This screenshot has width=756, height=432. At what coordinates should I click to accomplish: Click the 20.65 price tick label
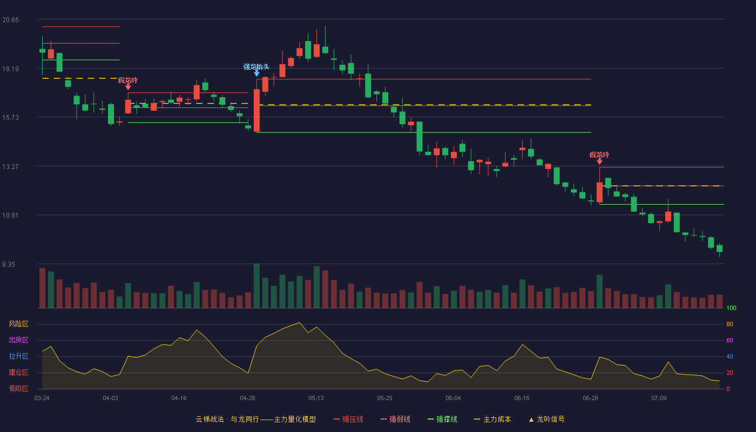pyautogui.click(x=10, y=20)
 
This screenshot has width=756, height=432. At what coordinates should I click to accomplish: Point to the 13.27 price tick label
pyautogui.click(x=10, y=167)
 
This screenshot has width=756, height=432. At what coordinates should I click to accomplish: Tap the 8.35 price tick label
pyautogui.click(x=9, y=265)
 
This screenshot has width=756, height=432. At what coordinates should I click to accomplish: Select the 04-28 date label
pyautogui.click(x=247, y=399)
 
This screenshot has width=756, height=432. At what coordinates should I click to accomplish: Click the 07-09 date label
pyautogui.click(x=659, y=399)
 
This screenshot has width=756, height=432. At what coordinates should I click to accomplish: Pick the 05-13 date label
pyautogui.click(x=316, y=399)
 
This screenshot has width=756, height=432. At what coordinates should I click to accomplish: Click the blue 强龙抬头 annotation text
pyautogui.click(x=256, y=66)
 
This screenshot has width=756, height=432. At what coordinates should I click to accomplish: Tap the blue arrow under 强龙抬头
pyautogui.click(x=257, y=73)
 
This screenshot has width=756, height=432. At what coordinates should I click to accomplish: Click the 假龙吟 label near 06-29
pyautogui.click(x=599, y=154)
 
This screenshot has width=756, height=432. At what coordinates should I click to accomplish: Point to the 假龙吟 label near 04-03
pyautogui.click(x=128, y=80)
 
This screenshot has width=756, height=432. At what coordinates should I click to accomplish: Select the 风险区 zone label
pyautogui.click(x=18, y=323)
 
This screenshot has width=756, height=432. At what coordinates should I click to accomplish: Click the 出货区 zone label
pyautogui.click(x=18, y=340)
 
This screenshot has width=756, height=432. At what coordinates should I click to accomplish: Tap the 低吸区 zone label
pyautogui.click(x=18, y=388)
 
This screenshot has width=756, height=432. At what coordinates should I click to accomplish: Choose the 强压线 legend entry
pyautogui.click(x=348, y=419)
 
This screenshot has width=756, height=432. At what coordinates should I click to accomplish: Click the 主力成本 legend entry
pyautogui.click(x=492, y=419)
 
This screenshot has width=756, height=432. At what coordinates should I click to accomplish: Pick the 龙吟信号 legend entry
pyautogui.click(x=546, y=419)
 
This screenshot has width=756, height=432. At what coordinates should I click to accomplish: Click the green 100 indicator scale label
pyautogui.click(x=731, y=308)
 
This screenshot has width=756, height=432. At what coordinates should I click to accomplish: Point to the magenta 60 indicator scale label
pyautogui.click(x=730, y=340)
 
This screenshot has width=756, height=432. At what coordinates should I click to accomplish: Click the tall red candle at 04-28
pyautogui.click(x=257, y=110)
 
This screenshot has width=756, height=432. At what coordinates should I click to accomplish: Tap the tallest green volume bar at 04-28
pyautogui.click(x=257, y=286)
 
